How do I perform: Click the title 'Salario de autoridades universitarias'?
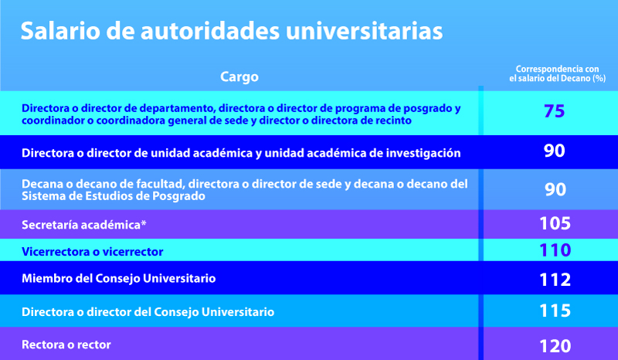tap(232, 31)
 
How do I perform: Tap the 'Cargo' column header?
tap(239, 76)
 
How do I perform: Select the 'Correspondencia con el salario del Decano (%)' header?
tap(557, 73)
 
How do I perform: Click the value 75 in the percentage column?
tap(554, 111)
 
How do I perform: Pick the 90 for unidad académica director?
tap(554, 151)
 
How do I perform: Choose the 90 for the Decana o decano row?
tap(555, 189)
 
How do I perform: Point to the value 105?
tap(555, 223)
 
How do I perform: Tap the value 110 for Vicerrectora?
tap(555, 250)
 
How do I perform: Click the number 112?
tap(555, 279)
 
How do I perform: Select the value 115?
tap(555, 311)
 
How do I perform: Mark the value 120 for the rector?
tap(555, 346)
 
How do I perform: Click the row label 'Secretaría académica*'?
tap(84, 225)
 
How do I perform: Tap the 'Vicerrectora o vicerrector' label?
tap(92, 252)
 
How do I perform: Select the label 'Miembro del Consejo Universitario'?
tap(119, 278)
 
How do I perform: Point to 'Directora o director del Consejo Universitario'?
tap(148, 312)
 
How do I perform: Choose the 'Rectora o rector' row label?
tap(66, 345)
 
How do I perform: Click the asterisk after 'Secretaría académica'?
tap(144, 222)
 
